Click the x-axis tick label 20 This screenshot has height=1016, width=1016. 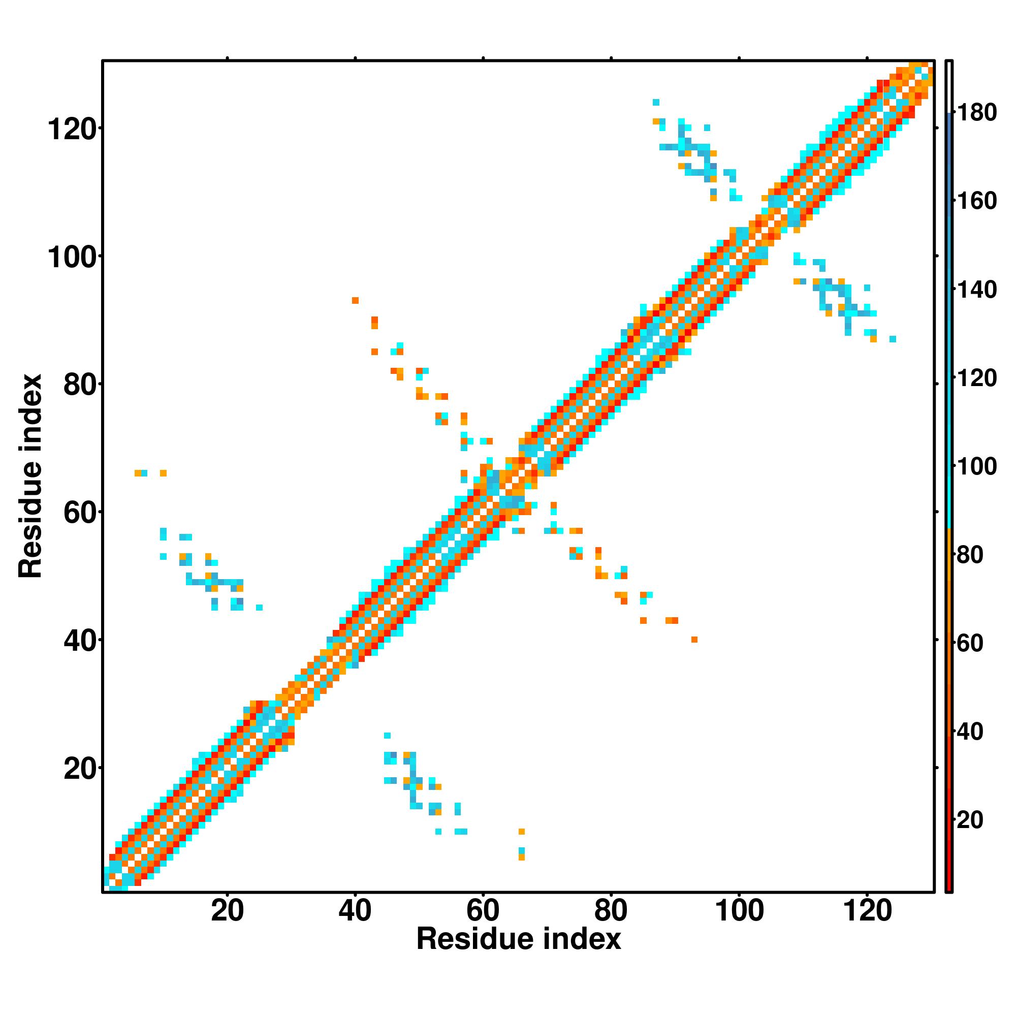(227, 911)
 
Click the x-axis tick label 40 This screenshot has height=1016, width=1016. (355, 911)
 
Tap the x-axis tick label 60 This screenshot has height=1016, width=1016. (483, 911)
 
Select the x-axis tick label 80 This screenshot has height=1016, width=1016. (611, 911)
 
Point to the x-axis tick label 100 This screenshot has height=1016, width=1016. (739, 911)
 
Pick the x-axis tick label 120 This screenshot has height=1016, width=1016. (867, 911)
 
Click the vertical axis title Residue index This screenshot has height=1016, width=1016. (30, 476)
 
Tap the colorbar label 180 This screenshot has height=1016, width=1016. (976, 113)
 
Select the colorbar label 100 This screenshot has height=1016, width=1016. (976, 466)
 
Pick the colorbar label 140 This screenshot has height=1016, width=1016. (976, 290)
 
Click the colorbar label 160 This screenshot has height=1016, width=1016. (976, 201)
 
